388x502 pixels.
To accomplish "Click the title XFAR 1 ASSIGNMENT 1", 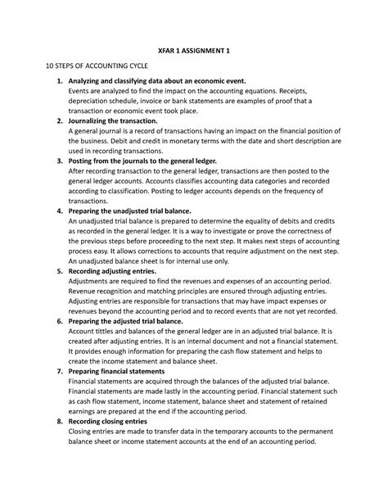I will pos(194,51).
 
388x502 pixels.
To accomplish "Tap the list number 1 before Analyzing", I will pos(58,81).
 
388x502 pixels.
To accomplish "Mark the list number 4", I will pos(58,210).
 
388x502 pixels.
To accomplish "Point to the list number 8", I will pos(58,421).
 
